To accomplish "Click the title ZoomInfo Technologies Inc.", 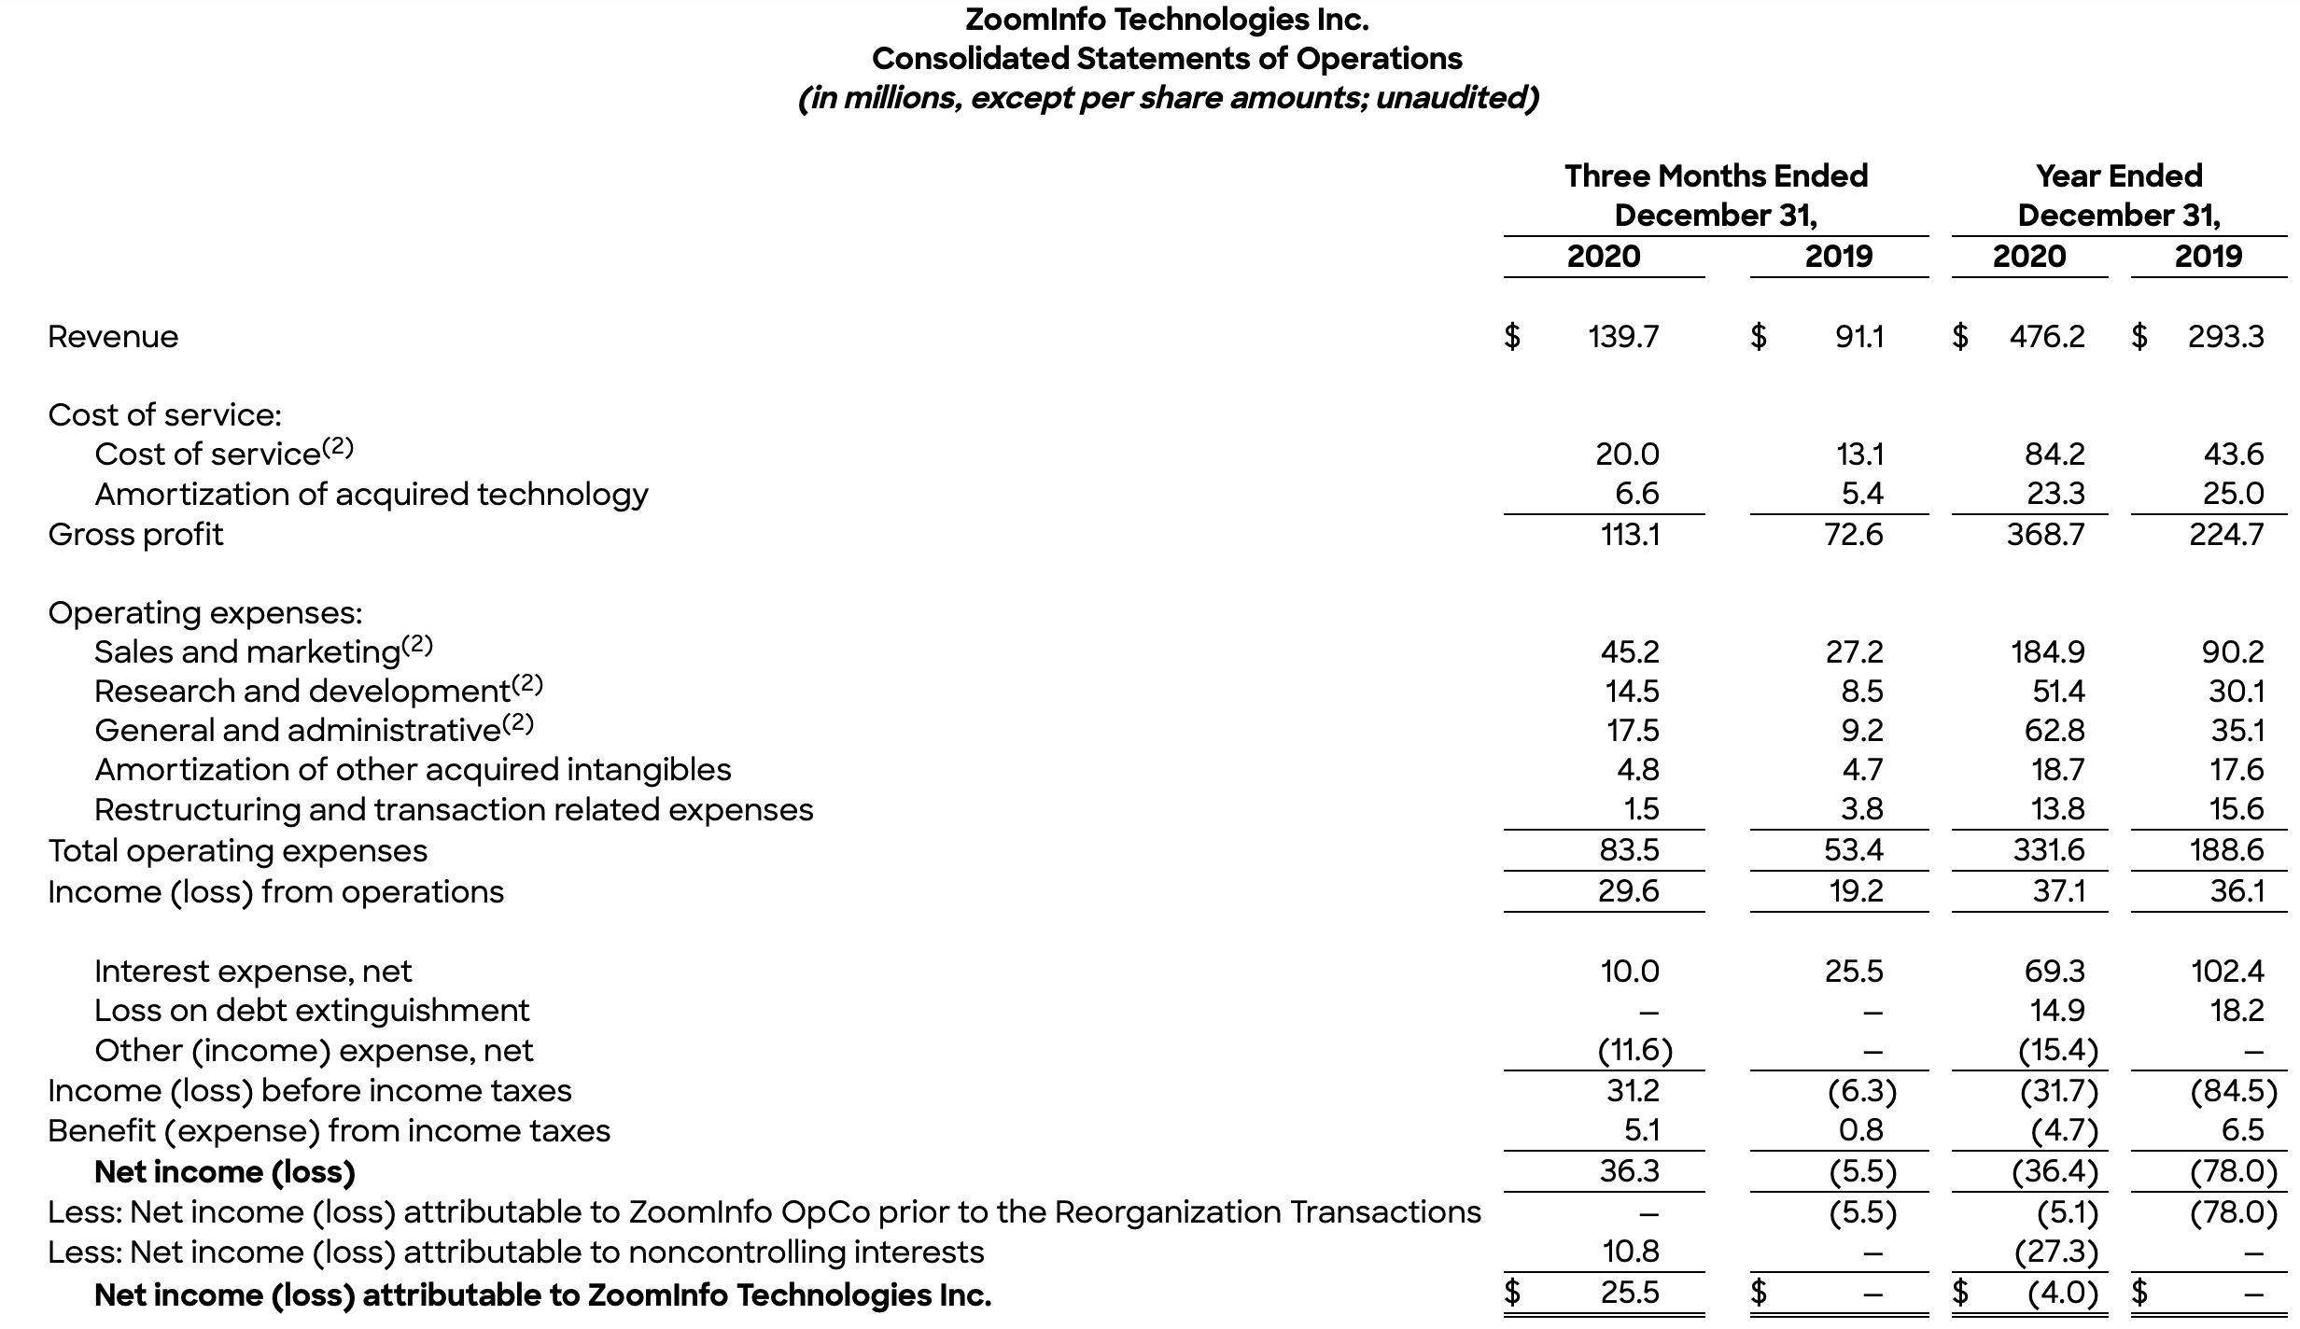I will (x=1167, y=20).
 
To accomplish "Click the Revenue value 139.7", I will (x=1623, y=336).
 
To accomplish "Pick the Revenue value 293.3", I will (x=2225, y=336).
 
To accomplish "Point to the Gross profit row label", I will (x=135, y=535).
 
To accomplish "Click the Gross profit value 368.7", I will (x=2045, y=535).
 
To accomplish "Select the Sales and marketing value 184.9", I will (x=2047, y=651).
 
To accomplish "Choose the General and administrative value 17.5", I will (x=1633, y=730).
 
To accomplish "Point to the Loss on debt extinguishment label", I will (x=312, y=1011).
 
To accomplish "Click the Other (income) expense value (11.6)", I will (x=1634, y=1051).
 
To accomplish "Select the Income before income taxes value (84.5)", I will (x=2233, y=1091).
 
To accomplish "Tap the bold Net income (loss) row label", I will (x=225, y=1171).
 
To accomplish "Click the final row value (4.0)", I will (x=2062, y=1294).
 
